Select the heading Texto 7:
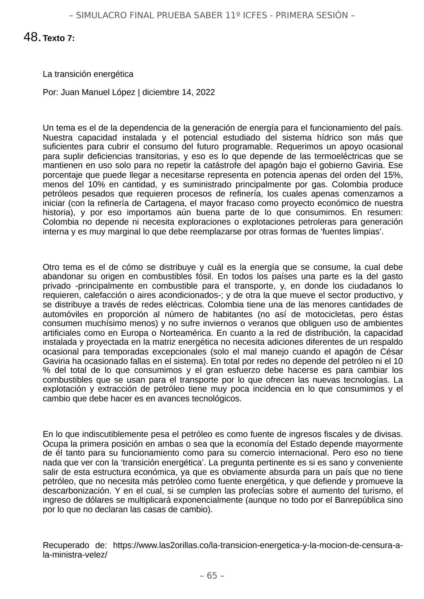(x=58, y=38)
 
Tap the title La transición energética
(x=88, y=74)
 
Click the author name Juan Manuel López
(x=98, y=93)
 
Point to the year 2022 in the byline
(x=205, y=93)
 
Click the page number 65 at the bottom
(x=212, y=575)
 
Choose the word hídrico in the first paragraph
(x=321, y=138)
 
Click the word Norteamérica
(x=185, y=333)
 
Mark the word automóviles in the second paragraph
(x=65, y=314)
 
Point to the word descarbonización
(x=75, y=491)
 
